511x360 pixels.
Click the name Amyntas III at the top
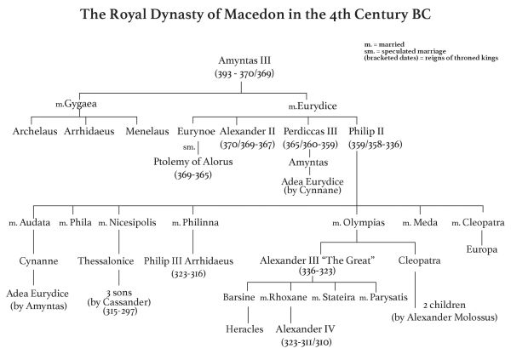tap(244, 60)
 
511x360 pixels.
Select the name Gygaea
tap(81, 104)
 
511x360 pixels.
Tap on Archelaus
tap(35, 131)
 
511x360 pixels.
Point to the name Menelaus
tap(147, 131)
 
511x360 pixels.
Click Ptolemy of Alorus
tap(193, 162)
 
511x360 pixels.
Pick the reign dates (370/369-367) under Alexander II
tap(248, 145)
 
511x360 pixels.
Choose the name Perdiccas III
tap(310, 131)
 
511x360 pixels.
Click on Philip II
tap(366, 131)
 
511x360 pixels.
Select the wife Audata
tap(35, 222)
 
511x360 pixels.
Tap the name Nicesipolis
tap(133, 222)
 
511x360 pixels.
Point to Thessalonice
tap(106, 261)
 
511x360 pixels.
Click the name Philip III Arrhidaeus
tap(189, 261)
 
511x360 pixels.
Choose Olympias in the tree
tap(364, 223)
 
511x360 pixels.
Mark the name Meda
tap(425, 222)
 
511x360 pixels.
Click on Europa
tap(482, 249)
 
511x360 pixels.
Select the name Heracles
tap(244, 329)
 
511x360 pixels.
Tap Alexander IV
tap(306, 329)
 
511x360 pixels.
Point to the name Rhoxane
tap(288, 297)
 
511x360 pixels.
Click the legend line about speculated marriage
tap(405, 51)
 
